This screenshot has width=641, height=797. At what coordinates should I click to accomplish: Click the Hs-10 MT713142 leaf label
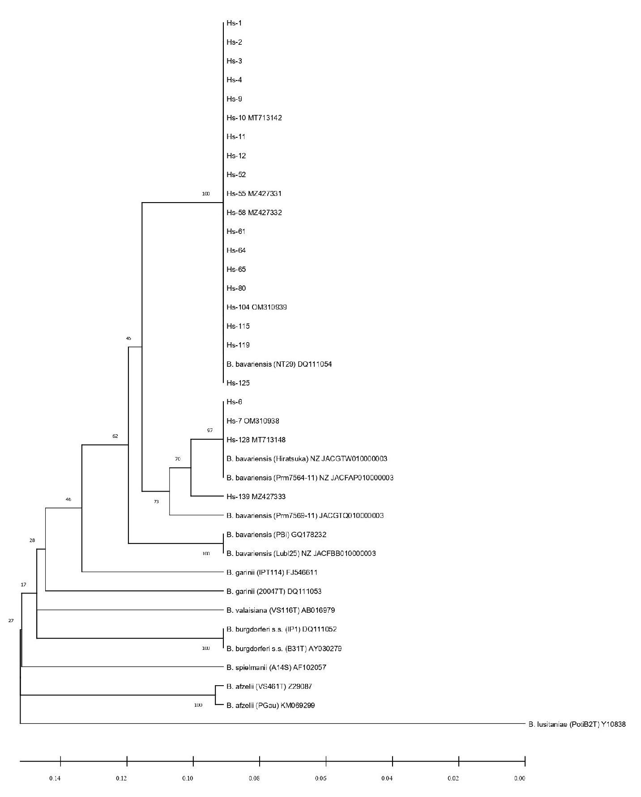pos(254,118)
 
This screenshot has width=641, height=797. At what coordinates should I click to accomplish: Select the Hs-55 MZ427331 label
pos(254,194)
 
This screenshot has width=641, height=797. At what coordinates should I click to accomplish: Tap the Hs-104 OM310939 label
pos(256,307)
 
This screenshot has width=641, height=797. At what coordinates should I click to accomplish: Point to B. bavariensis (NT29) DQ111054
pos(279,365)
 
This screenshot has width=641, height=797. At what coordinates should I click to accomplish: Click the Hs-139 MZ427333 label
pos(256,497)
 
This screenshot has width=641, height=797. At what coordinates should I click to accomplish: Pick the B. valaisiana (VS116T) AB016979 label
pos(281,610)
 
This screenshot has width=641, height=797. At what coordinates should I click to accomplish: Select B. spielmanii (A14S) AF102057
pos(276,668)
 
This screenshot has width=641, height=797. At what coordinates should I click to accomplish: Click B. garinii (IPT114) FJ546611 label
pos(272,572)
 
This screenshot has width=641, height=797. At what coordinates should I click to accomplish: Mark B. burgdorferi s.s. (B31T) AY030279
pos(284,649)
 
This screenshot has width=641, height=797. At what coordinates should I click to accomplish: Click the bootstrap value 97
pos(210,430)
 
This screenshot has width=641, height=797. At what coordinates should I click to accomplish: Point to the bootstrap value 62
pos(115,436)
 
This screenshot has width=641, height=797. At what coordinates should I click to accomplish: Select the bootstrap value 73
pos(156,502)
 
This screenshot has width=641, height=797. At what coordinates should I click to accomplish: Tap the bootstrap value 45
pos(128,339)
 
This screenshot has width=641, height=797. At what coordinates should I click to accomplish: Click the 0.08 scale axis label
pos(254,779)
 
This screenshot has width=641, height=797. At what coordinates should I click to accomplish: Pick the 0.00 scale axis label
pos(519,779)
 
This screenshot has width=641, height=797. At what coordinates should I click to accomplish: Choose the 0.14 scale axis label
pos(55,779)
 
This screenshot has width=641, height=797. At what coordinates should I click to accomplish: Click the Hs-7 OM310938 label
pos(253,421)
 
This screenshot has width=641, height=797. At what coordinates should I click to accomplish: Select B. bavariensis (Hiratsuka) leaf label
pos(307,459)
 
